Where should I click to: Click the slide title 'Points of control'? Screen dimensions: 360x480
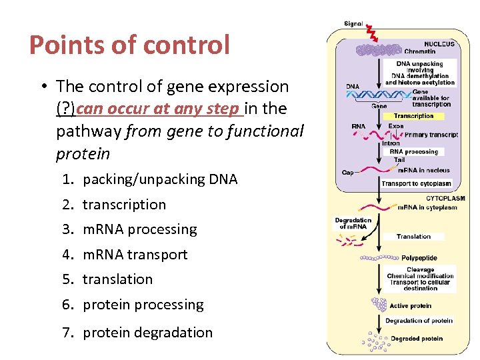[129, 45]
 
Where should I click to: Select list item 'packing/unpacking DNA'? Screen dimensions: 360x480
[160, 179]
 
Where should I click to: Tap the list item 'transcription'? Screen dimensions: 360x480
[124, 205]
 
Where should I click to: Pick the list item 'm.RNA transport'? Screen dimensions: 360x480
[135, 255]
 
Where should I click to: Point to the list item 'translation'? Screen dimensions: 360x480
[117, 279]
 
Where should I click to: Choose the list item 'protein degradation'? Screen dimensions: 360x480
[147, 333]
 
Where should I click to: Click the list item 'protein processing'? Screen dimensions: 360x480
[143, 305]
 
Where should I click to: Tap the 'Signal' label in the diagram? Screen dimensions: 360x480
[353, 24]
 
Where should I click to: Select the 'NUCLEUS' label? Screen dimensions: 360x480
[439, 44]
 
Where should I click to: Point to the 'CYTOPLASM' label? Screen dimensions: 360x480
[445, 198]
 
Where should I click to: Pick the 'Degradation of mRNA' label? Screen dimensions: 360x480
[353, 223]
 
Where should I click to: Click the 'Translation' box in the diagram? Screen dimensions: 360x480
[413, 237]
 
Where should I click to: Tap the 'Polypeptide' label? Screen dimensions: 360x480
[419, 257]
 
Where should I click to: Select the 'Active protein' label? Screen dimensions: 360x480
[410, 306]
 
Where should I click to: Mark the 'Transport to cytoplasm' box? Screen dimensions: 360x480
[416, 183]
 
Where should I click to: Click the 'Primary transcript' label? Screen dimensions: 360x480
[431, 135]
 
